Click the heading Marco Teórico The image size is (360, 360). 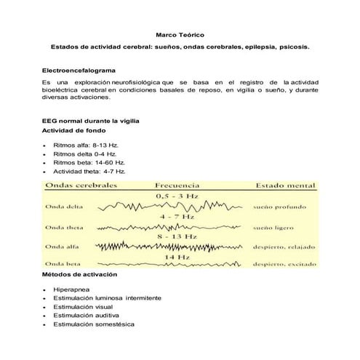180,34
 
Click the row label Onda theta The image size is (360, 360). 65,228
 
